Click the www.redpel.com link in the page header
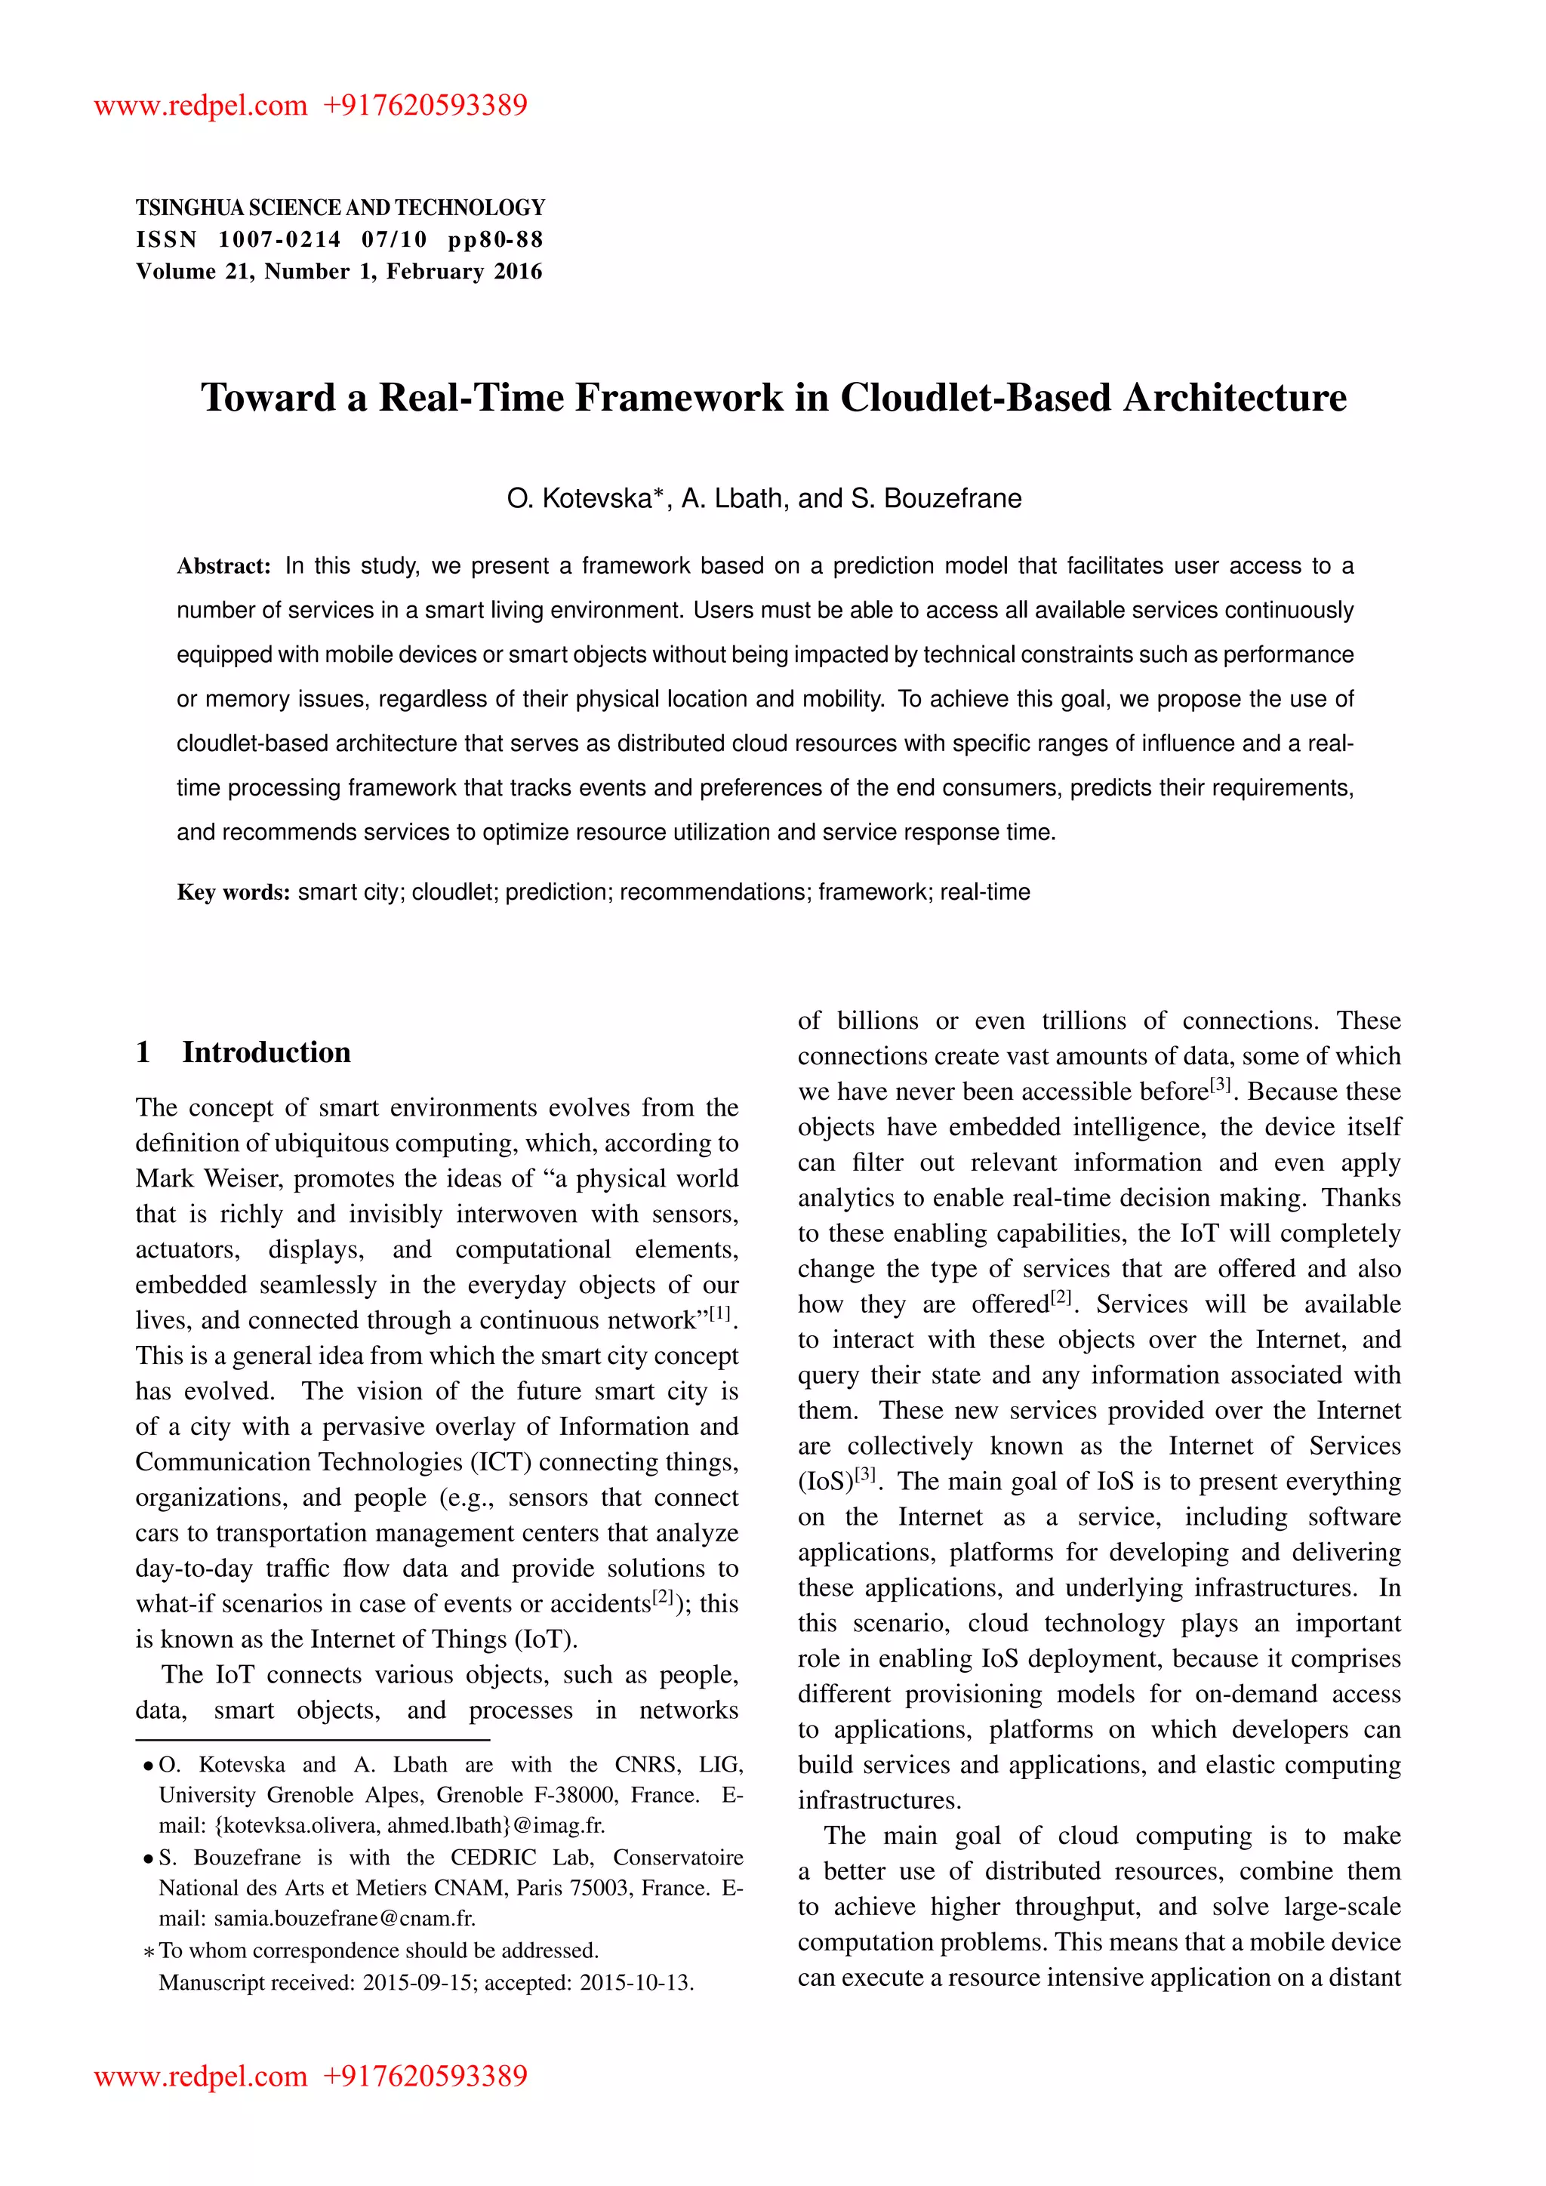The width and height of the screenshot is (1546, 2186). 200,105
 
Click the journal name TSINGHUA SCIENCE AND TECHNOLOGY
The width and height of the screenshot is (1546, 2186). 340,208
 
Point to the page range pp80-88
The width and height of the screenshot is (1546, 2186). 495,240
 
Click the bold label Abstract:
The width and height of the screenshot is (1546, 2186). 223,566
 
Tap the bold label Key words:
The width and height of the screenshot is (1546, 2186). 233,893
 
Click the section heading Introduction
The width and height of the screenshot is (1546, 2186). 266,1052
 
